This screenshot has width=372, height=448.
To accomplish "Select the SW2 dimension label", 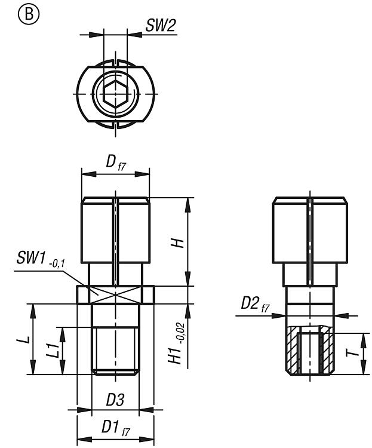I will [160, 25].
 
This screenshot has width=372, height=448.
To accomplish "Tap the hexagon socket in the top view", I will [115, 94].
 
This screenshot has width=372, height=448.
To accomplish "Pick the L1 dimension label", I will [54, 350].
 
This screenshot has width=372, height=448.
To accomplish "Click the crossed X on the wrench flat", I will [115, 294].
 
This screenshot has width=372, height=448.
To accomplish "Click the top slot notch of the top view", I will [115, 62].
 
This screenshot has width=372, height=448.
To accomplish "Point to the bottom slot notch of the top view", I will [115, 125].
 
